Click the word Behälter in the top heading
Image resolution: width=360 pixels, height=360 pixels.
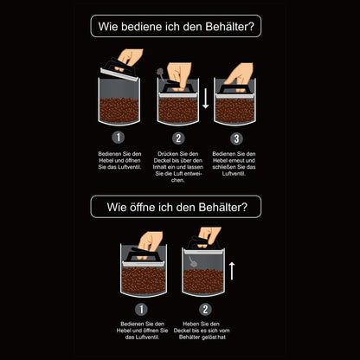(x=229, y=27)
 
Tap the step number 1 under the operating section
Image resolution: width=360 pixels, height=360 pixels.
(x=119, y=138)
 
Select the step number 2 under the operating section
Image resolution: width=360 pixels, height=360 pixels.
(x=178, y=138)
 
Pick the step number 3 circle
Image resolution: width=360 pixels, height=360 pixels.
(x=236, y=138)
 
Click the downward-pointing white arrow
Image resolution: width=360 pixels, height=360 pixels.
(x=205, y=99)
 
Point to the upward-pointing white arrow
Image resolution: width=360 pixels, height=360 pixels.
(x=232, y=271)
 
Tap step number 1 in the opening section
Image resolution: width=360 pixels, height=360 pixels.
(x=141, y=310)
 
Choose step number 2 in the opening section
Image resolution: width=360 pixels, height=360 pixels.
(x=205, y=310)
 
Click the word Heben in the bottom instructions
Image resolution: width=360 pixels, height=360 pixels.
(x=190, y=324)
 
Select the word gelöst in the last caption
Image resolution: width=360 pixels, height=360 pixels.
(x=208, y=337)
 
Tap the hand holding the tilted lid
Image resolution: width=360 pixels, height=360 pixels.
(x=131, y=57)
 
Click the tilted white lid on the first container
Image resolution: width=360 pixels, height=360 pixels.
(x=119, y=74)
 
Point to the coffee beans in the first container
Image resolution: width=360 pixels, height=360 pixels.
(x=119, y=111)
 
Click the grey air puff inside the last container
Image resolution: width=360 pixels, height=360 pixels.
(x=193, y=262)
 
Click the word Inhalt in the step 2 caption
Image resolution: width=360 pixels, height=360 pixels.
(x=160, y=167)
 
